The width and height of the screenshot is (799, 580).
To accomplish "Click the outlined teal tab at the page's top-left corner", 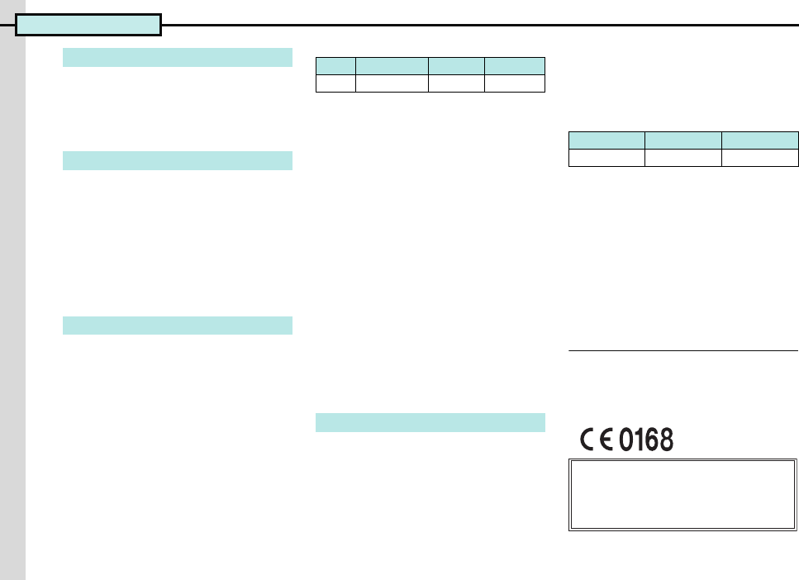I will coord(88,26).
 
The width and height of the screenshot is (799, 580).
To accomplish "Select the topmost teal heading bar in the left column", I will coord(178,57).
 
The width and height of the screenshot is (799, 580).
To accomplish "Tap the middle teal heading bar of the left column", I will coord(178,160).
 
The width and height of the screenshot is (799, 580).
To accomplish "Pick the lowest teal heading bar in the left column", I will coord(178,326).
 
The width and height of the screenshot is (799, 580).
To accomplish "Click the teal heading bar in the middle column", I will coord(430,422).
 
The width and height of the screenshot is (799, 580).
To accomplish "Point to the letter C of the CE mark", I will coord(590,440).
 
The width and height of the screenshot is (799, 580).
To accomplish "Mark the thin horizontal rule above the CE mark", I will coord(683,351).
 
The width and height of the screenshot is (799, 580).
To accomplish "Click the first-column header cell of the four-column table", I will coord(335,66).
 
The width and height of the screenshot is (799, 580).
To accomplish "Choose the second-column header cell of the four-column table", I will coord(392,66).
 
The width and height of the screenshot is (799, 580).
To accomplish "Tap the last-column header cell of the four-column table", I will coord(514,66).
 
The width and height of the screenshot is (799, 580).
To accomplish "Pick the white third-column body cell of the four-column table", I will coord(456,83).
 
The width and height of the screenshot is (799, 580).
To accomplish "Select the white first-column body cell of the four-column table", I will coord(335,83).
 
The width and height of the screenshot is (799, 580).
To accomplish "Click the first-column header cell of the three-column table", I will coord(606,140).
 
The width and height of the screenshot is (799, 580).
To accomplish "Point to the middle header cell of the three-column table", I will coord(683,140).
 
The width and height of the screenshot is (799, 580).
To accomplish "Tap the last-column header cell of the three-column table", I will coord(760,140).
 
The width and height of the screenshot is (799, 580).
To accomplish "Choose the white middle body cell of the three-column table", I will coord(683,157).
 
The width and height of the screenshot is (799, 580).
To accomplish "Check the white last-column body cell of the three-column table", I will coord(760,157).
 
